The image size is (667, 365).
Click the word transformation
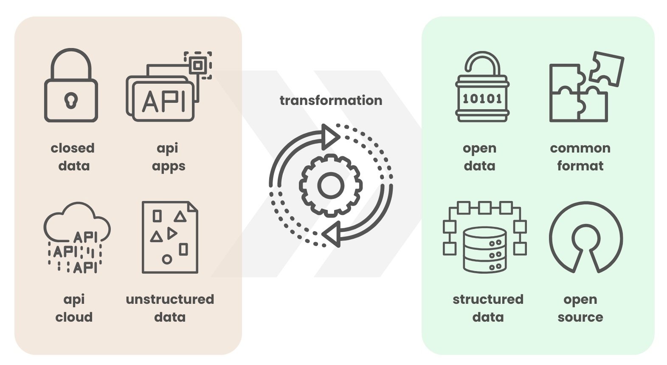click(331, 100)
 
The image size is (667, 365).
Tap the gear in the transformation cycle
click(330, 185)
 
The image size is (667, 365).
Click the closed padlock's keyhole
click(71, 100)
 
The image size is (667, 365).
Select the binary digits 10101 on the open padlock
click(482, 99)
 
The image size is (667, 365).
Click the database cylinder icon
click(484, 250)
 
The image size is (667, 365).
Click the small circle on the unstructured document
click(167, 259)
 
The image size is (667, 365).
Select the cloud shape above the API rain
click(77, 222)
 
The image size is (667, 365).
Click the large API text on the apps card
click(163, 101)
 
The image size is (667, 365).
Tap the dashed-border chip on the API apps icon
click(198, 65)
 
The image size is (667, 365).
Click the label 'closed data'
click(73, 157)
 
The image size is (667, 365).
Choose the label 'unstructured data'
click(170, 308)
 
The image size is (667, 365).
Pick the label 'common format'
click(580, 157)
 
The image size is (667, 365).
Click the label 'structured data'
click(488, 308)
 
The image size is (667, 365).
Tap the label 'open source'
click(580, 308)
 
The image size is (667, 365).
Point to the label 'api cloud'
click(74, 308)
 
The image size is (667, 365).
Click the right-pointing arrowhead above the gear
click(331, 137)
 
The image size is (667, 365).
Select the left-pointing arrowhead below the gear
click(331, 234)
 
